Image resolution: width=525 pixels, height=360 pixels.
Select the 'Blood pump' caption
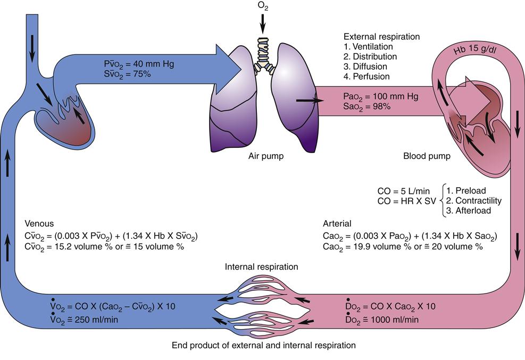pos(427,157)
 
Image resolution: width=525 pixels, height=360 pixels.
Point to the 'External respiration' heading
pos(381,37)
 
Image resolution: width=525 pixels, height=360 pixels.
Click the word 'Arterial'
pos(337,224)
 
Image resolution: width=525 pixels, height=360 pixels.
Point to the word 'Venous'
pos(39,224)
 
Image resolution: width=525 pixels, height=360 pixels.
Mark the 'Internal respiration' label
pos(262,266)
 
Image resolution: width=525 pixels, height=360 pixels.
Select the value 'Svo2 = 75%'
pos(128,74)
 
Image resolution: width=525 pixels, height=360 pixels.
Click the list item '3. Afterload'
pos(468,210)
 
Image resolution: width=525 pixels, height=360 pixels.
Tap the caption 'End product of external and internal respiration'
pos(263,346)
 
